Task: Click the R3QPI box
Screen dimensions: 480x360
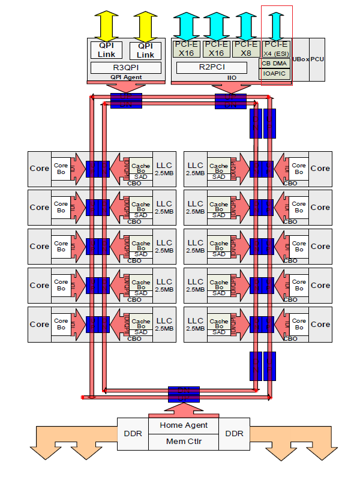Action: click(x=126, y=68)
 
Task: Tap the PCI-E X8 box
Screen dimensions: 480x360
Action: click(x=246, y=48)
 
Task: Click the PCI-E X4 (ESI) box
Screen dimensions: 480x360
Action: click(x=276, y=48)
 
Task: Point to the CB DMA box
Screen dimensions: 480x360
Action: click(x=276, y=63)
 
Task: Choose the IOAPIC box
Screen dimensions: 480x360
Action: click(x=276, y=74)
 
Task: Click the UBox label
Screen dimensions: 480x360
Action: click(x=301, y=60)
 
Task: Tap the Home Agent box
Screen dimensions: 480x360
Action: click(x=184, y=425)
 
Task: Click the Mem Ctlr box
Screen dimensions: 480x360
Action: click(x=184, y=441)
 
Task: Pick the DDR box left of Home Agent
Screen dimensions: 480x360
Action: click(x=132, y=433)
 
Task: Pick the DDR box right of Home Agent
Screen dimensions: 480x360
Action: click(x=235, y=433)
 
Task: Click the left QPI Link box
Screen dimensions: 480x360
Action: click(x=106, y=50)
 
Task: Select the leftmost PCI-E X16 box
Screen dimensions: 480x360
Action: click(x=186, y=48)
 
